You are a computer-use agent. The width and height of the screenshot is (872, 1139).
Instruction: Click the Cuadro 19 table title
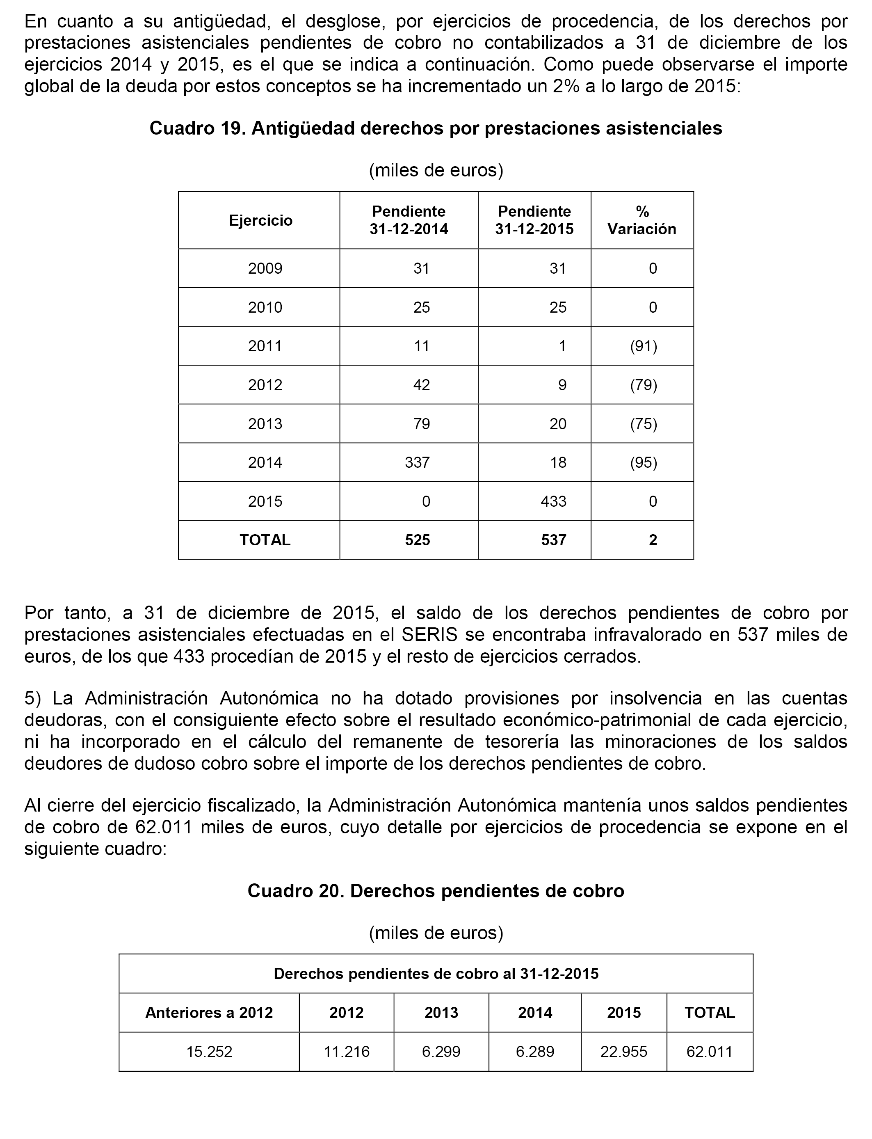(x=436, y=128)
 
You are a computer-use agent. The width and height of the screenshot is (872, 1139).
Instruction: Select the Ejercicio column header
(x=260, y=221)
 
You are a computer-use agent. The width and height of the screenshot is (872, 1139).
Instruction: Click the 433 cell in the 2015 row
(x=553, y=501)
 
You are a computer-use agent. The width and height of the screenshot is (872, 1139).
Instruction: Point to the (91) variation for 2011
(x=644, y=346)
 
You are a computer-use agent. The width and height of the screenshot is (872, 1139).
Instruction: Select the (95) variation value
(x=644, y=462)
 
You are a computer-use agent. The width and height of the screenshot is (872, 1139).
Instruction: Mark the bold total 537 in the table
(x=553, y=540)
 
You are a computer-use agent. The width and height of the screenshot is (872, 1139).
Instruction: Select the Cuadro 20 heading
(x=436, y=891)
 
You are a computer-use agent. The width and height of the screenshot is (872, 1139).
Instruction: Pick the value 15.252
(x=209, y=1051)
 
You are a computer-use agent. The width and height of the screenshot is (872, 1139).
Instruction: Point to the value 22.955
(x=623, y=1051)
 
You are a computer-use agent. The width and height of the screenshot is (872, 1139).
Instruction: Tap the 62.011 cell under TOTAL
(x=709, y=1051)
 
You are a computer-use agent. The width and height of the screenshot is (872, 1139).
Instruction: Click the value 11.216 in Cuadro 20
(x=346, y=1051)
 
